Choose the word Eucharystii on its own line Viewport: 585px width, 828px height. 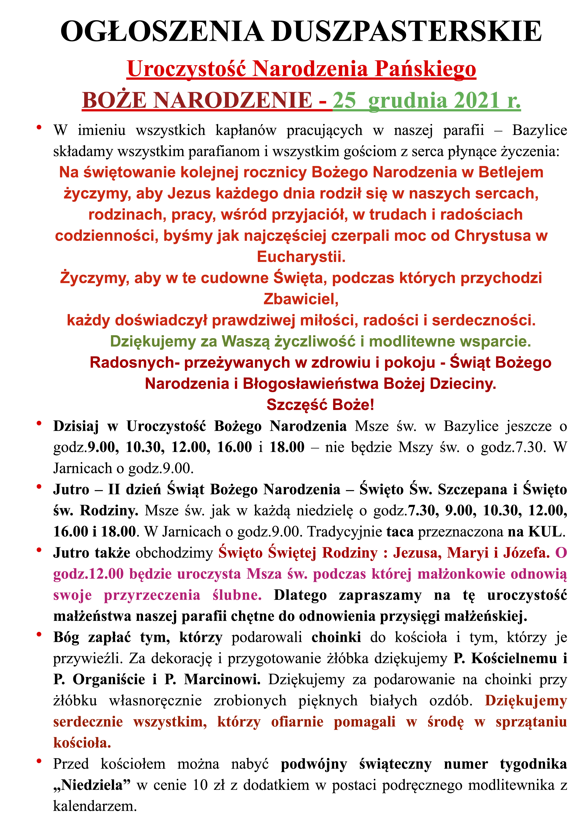click(x=301, y=257)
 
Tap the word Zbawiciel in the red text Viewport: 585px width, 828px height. click(x=301, y=299)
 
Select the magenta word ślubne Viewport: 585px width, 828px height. click(x=237, y=595)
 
